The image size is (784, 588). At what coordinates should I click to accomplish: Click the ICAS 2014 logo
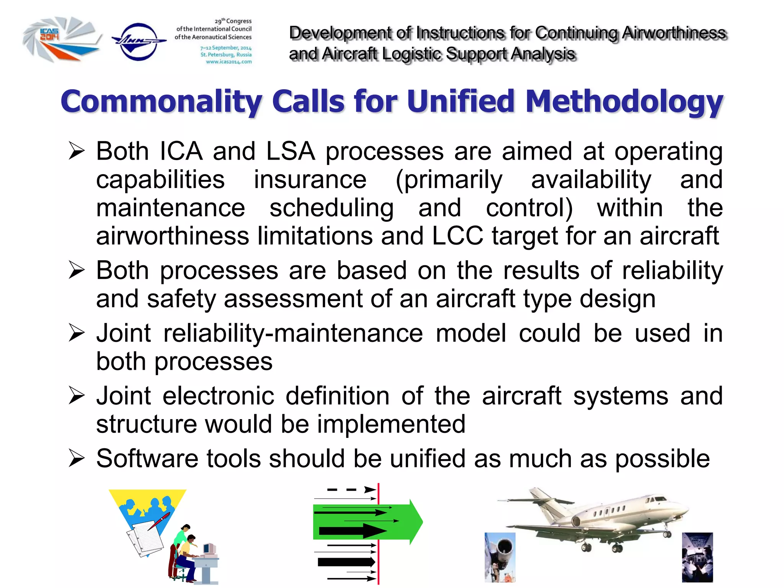pos(61,39)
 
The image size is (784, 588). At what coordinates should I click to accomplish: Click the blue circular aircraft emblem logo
pos(139,41)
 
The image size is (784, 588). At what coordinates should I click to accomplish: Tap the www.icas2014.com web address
pos(229,62)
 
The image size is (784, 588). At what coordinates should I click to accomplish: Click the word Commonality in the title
pos(161,102)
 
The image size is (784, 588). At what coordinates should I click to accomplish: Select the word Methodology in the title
pos(624,102)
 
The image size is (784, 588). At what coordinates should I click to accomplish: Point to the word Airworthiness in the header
pos(674,33)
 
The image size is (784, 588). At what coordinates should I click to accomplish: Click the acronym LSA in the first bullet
pos(290,151)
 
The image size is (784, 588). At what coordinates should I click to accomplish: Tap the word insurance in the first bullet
pos(310,180)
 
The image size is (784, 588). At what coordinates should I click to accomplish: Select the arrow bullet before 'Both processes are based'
pos(77,270)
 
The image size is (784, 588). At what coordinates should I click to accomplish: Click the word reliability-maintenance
pos(293,333)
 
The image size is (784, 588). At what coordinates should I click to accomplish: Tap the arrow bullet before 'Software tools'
pos(77,459)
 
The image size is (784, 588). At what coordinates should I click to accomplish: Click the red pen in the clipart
pos(159,521)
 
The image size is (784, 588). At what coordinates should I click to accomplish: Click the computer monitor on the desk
pos(209,549)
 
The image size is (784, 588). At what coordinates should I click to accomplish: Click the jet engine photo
pos(500,557)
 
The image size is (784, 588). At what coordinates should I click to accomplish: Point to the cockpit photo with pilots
pos(697,557)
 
